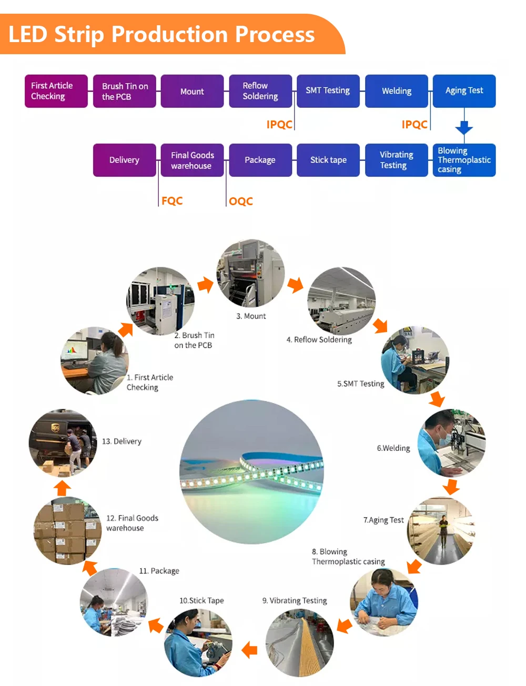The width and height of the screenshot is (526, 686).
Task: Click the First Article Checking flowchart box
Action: (56, 91)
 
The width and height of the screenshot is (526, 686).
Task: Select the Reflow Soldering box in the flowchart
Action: (260, 91)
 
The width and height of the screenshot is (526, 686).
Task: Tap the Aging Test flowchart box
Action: (464, 91)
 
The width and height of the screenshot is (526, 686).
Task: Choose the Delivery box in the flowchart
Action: (125, 160)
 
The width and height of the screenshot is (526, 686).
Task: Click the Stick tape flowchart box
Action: (328, 160)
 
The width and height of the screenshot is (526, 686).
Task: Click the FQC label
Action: (172, 201)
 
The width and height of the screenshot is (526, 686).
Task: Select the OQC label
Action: (241, 201)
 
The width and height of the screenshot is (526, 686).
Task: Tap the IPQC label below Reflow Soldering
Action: (279, 125)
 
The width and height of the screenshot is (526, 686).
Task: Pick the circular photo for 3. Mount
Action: (251, 274)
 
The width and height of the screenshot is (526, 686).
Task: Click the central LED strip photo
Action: (251, 472)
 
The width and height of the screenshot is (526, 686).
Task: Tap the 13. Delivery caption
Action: (122, 441)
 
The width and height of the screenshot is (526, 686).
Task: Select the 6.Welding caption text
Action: (393, 448)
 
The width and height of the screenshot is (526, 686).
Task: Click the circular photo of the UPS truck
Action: (63, 443)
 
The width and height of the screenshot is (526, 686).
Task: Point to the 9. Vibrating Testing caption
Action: (295, 601)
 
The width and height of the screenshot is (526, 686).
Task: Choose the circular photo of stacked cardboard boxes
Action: (67, 531)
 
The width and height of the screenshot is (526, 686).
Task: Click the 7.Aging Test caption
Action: (383, 520)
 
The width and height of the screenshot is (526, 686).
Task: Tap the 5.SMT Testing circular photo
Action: (415, 360)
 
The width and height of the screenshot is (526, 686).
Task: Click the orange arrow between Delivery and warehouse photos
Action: (62, 488)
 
